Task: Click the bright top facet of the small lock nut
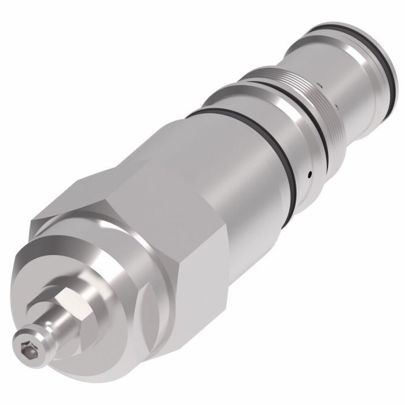pyautogui.click(x=69, y=299)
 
